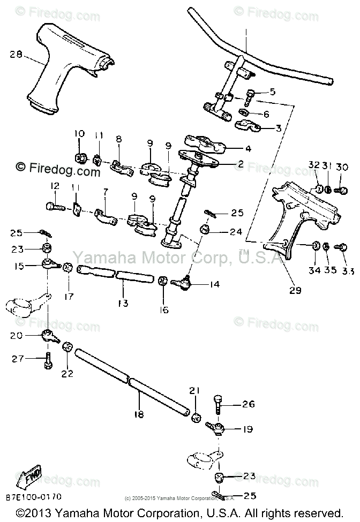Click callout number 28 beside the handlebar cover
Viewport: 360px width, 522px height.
16,54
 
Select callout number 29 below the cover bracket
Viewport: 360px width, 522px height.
295,291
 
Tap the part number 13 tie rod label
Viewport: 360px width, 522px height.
123,303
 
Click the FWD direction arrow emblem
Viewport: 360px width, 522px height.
33,476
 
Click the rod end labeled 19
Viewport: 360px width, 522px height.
219,428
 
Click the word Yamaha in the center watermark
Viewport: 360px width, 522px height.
97,259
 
